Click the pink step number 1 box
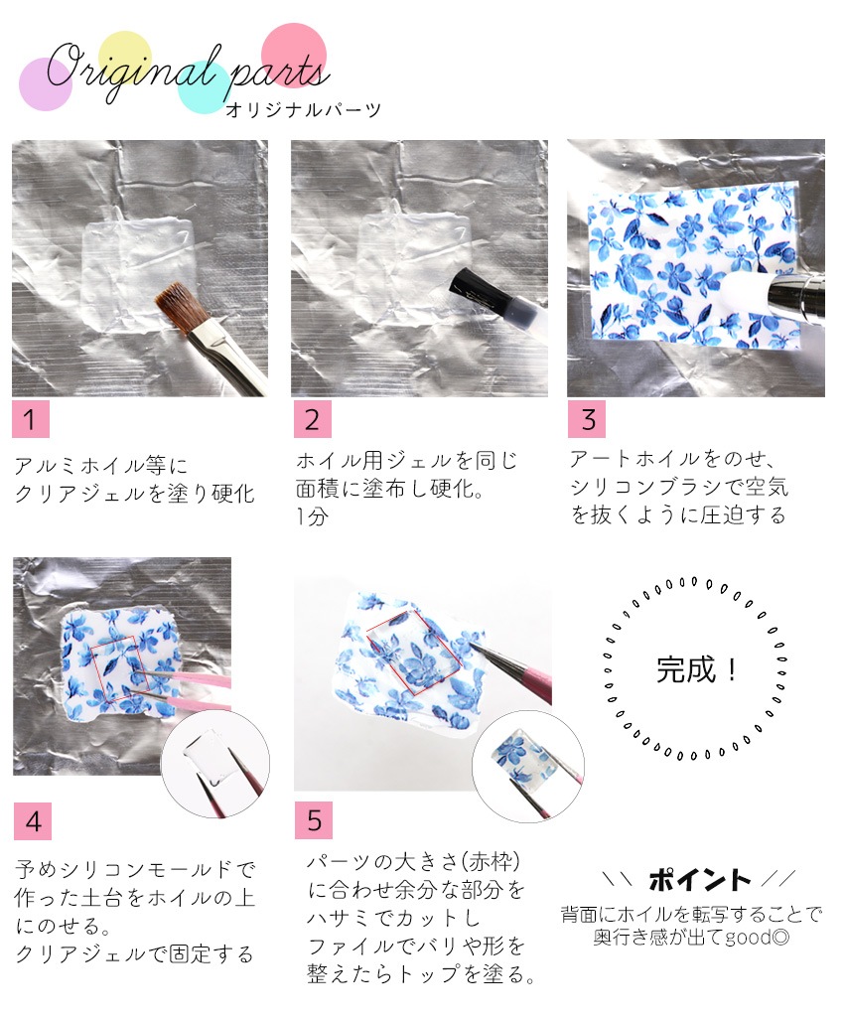31,419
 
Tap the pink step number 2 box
312,419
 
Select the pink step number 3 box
587,419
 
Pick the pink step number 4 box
33,821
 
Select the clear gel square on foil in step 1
138,273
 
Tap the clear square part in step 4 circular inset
210,754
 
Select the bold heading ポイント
699,880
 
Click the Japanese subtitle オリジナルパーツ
303,110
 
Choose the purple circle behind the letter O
45,84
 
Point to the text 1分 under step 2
312,516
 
